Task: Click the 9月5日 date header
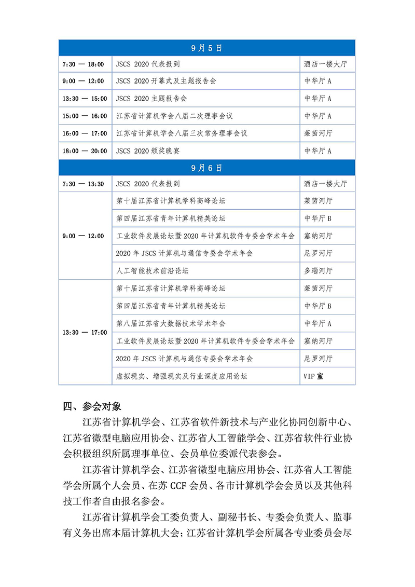click(x=206, y=48)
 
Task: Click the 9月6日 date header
click(x=206, y=168)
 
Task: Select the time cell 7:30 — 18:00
click(x=84, y=64)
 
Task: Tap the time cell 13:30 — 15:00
click(x=85, y=99)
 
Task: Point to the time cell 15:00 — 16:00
click(x=85, y=116)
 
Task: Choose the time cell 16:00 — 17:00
click(x=85, y=133)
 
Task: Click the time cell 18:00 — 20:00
click(x=85, y=151)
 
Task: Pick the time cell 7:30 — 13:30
click(x=84, y=184)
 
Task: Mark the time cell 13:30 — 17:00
click(x=85, y=332)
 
